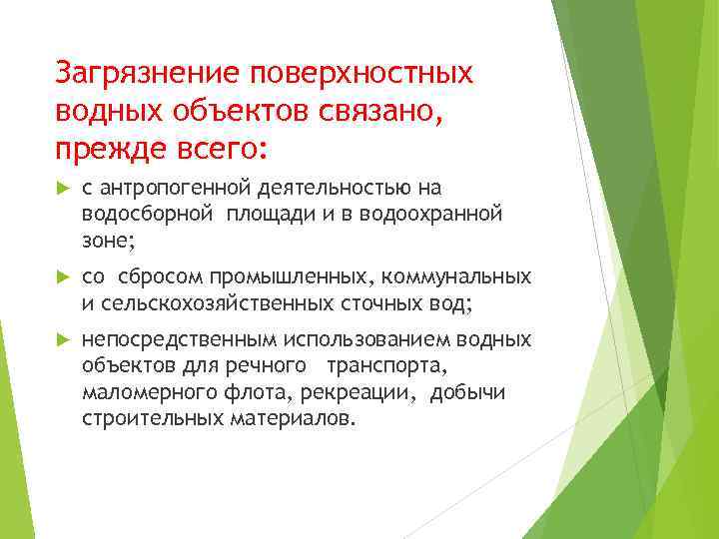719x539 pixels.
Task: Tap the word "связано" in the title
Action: click(369, 112)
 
